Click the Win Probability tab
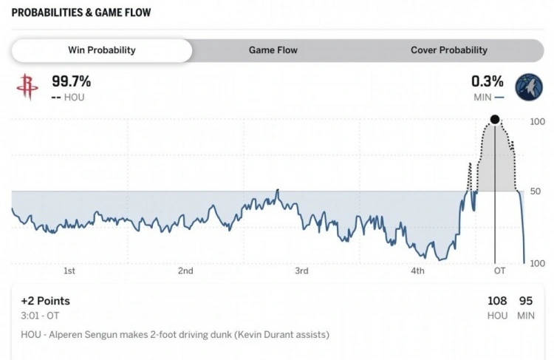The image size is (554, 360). click(102, 50)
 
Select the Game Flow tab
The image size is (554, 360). click(273, 50)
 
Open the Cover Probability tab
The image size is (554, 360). click(448, 50)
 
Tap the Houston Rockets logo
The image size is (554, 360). click(27, 87)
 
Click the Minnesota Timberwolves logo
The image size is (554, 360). click(529, 87)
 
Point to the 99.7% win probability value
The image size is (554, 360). click(71, 81)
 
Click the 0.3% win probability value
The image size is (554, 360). click(488, 81)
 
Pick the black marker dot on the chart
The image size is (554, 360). click(495, 120)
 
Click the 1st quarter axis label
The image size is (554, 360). click(69, 271)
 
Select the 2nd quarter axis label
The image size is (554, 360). click(185, 271)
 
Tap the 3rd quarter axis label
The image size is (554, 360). click(301, 271)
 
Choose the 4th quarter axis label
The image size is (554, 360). click(417, 271)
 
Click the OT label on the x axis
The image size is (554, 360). click(500, 271)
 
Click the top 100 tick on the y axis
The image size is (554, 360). click(538, 121)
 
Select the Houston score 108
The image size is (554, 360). click(497, 301)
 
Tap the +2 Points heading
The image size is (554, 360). click(45, 301)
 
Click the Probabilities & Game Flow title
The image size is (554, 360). click(71, 13)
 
